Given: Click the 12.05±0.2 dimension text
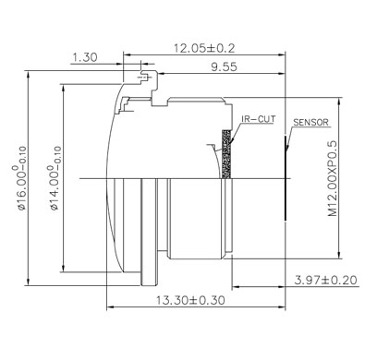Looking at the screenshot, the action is click(204, 48).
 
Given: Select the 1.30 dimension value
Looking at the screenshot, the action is click(85, 57).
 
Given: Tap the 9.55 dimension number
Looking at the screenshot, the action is click(224, 66).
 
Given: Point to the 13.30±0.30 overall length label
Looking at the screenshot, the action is click(190, 300).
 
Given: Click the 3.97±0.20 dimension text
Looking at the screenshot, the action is click(326, 280).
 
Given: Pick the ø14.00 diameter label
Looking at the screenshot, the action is click(55, 178).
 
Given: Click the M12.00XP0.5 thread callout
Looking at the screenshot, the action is click(333, 179).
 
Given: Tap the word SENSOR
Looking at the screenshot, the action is click(310, 122).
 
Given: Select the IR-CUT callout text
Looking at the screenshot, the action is click(258, 119).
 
